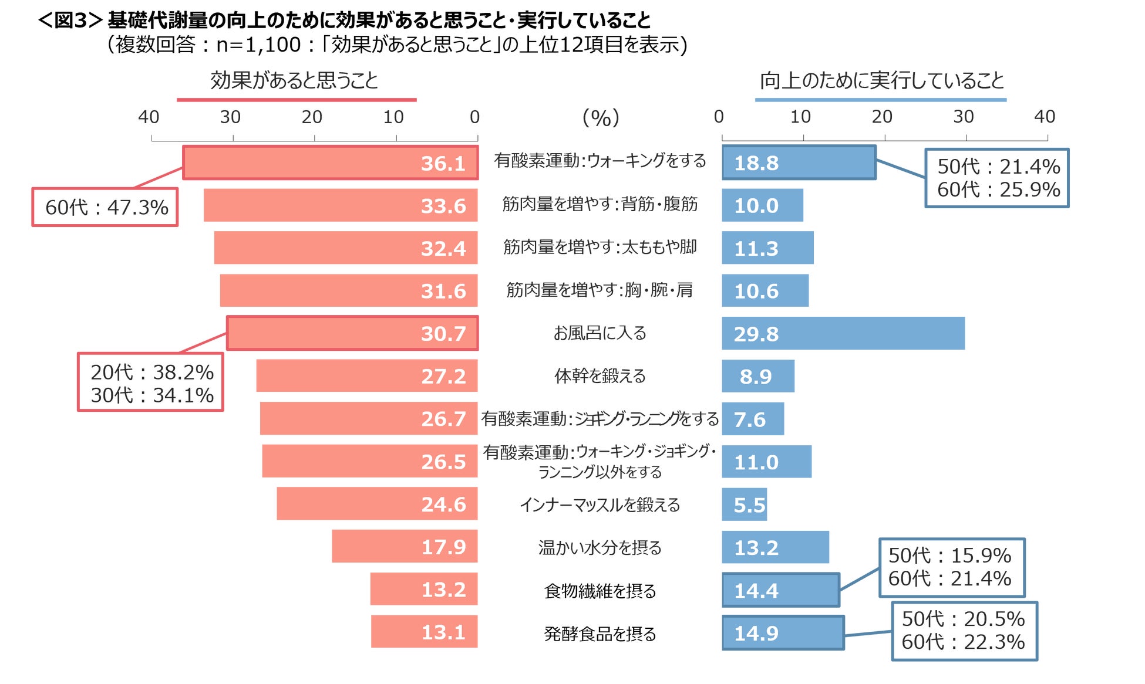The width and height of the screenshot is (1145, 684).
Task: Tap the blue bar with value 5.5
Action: pyautogui.click(x=745, y=504)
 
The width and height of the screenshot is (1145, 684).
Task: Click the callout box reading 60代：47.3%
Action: pyautogui.click(x=105, y=207)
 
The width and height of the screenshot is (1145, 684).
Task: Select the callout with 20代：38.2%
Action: pyautogui.click(x=151, y=382)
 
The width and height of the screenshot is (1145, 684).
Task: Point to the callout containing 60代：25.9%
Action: pyautogui.click(x=997, y=178)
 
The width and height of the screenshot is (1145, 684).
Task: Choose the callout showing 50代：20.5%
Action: pyautogui.click(x=964, y=631)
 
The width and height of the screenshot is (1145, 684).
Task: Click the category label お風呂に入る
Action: pyautogui.click(x=600, y=333)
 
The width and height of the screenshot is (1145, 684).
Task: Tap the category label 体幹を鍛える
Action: pyautogui.click(x=600, y=376)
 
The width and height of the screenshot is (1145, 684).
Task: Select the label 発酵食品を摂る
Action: pyautogui.click(x=600, y=634)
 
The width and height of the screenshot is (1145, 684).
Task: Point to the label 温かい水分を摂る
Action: pyautogui.click(x=600, y=548)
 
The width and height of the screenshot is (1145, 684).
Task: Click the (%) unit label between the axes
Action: pyautogui.click(x=600, y=117)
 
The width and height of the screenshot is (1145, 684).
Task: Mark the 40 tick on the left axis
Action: pyautogui.click(x=149, y=117)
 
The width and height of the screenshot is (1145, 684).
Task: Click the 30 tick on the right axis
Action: pyautogui.click(x=963, y=117)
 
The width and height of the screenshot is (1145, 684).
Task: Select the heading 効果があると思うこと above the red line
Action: pyautogui.click(x=294, y=80)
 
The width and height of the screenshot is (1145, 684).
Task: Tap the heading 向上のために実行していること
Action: pyautogui.click(x=881, y=80)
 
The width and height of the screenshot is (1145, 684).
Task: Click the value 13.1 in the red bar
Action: pyautogui.click(x=443, y=632)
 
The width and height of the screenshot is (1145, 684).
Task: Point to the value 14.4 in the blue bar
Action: pyautogui.click(x=756, y=591)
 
